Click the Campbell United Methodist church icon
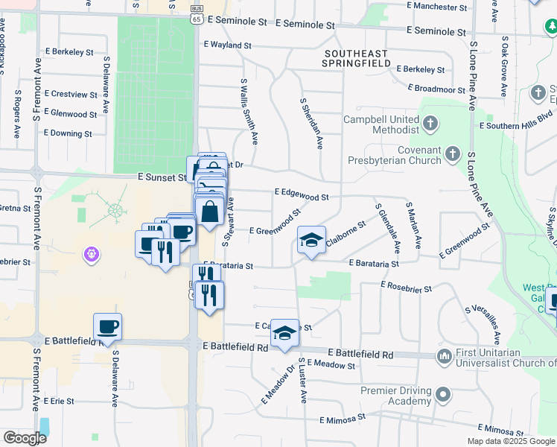(x=430, y=123)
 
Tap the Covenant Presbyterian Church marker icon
(x=453, y=156)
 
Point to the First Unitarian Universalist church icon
(x=445, y=356)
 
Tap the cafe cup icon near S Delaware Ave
(x=108, y=326)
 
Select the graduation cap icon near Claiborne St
(x=311, y=239)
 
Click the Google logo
(x=24, y=437)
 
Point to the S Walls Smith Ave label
(x=249, y=111)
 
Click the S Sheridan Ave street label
(x=311, y=123)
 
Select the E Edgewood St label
(x=302, y=194)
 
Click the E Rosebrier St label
(x=406, y=285)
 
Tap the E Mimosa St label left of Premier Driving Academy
(x=343, y=420)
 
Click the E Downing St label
(x=68, y=133)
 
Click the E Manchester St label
(x=443, y=6)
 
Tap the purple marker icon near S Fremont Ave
(x=92, y=255)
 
